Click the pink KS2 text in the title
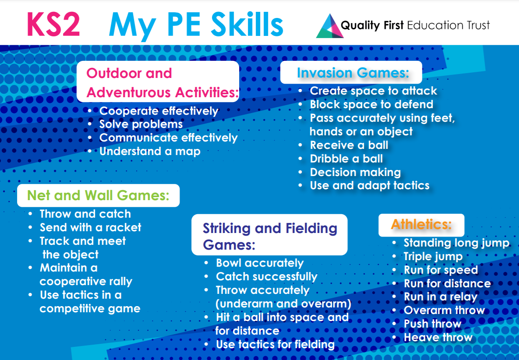coord(53,24)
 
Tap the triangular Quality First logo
coord(330,26)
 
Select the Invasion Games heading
coord(353,73)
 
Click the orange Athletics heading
coord(421,225)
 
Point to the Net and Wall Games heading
coord(98,195)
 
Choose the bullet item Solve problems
coord(141,124)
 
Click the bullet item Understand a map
coord(150,151)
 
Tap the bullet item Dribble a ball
coord(346,159)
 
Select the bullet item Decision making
coord(355,172)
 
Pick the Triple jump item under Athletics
coord(433,257)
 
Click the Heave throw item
coord(438,337)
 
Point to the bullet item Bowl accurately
coord(260,263)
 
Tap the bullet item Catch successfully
coord(266,277)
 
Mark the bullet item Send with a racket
coord(90,227)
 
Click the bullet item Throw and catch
coord(85,214)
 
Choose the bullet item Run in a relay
coord(441,297)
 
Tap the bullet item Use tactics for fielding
coord(275,344)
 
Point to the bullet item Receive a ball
coord(349,145)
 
